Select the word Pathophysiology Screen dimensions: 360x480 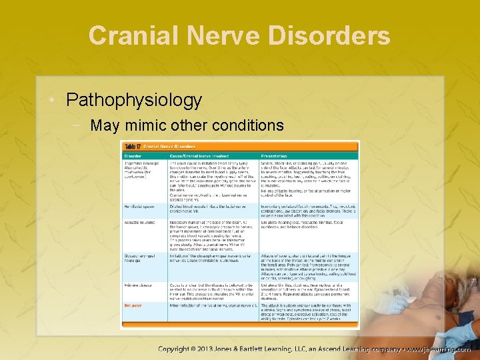click(134, 100)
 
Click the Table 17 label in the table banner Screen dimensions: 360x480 click(132, 147)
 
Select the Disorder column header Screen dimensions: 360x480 click(133, 156)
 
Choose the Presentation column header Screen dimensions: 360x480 click(281, 156)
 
